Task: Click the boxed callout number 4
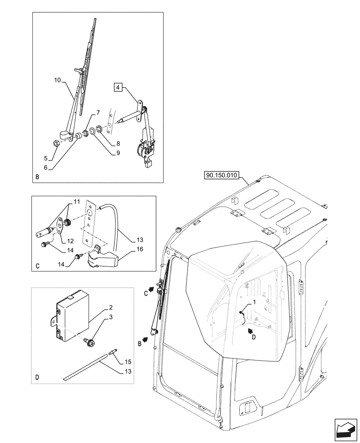(x=117, y=88)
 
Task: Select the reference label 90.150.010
(x=221, y=175)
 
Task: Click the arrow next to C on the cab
(x=151, y=289)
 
